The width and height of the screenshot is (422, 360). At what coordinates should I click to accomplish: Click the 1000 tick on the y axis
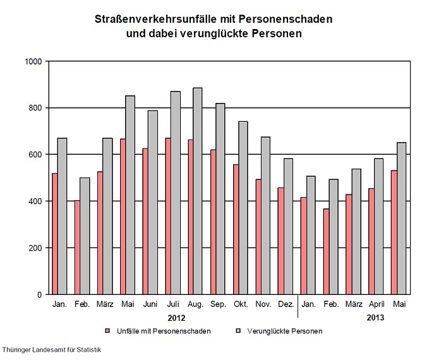[x=33, y=61]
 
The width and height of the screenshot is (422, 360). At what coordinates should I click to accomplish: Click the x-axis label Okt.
[x=241, y=304]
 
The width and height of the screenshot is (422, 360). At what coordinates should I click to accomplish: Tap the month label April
[x=377, y=304]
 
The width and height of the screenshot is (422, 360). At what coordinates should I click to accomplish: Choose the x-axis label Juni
[x=150, y=304]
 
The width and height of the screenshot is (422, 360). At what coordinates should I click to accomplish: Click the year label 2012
[x=176, y=318]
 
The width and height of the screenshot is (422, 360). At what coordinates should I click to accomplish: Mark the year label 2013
[x=375, y=318]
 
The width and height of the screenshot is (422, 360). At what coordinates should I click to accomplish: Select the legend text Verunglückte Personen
[x=285, y=331]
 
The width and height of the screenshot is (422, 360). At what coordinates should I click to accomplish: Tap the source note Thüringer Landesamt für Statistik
[x=52, y=349]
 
